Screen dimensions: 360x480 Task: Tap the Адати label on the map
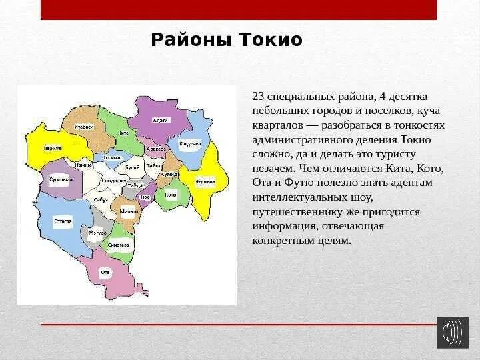tap(161, 120)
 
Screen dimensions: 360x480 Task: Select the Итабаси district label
tap(84, 127)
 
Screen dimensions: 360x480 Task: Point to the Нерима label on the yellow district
tap(53, 148)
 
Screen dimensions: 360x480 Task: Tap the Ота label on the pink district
tap(105, 272)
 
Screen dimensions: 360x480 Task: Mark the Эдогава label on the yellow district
tap(205, 181)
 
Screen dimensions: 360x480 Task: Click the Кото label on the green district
tap(171, 195)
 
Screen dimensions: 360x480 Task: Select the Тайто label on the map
tap(154, 165)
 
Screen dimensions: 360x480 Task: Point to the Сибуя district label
tap(101, 199)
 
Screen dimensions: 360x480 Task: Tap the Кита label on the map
tap(123, 133)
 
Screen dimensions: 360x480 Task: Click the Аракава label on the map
tap(157, 149)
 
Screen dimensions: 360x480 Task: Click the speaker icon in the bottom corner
tap(453, 332)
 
